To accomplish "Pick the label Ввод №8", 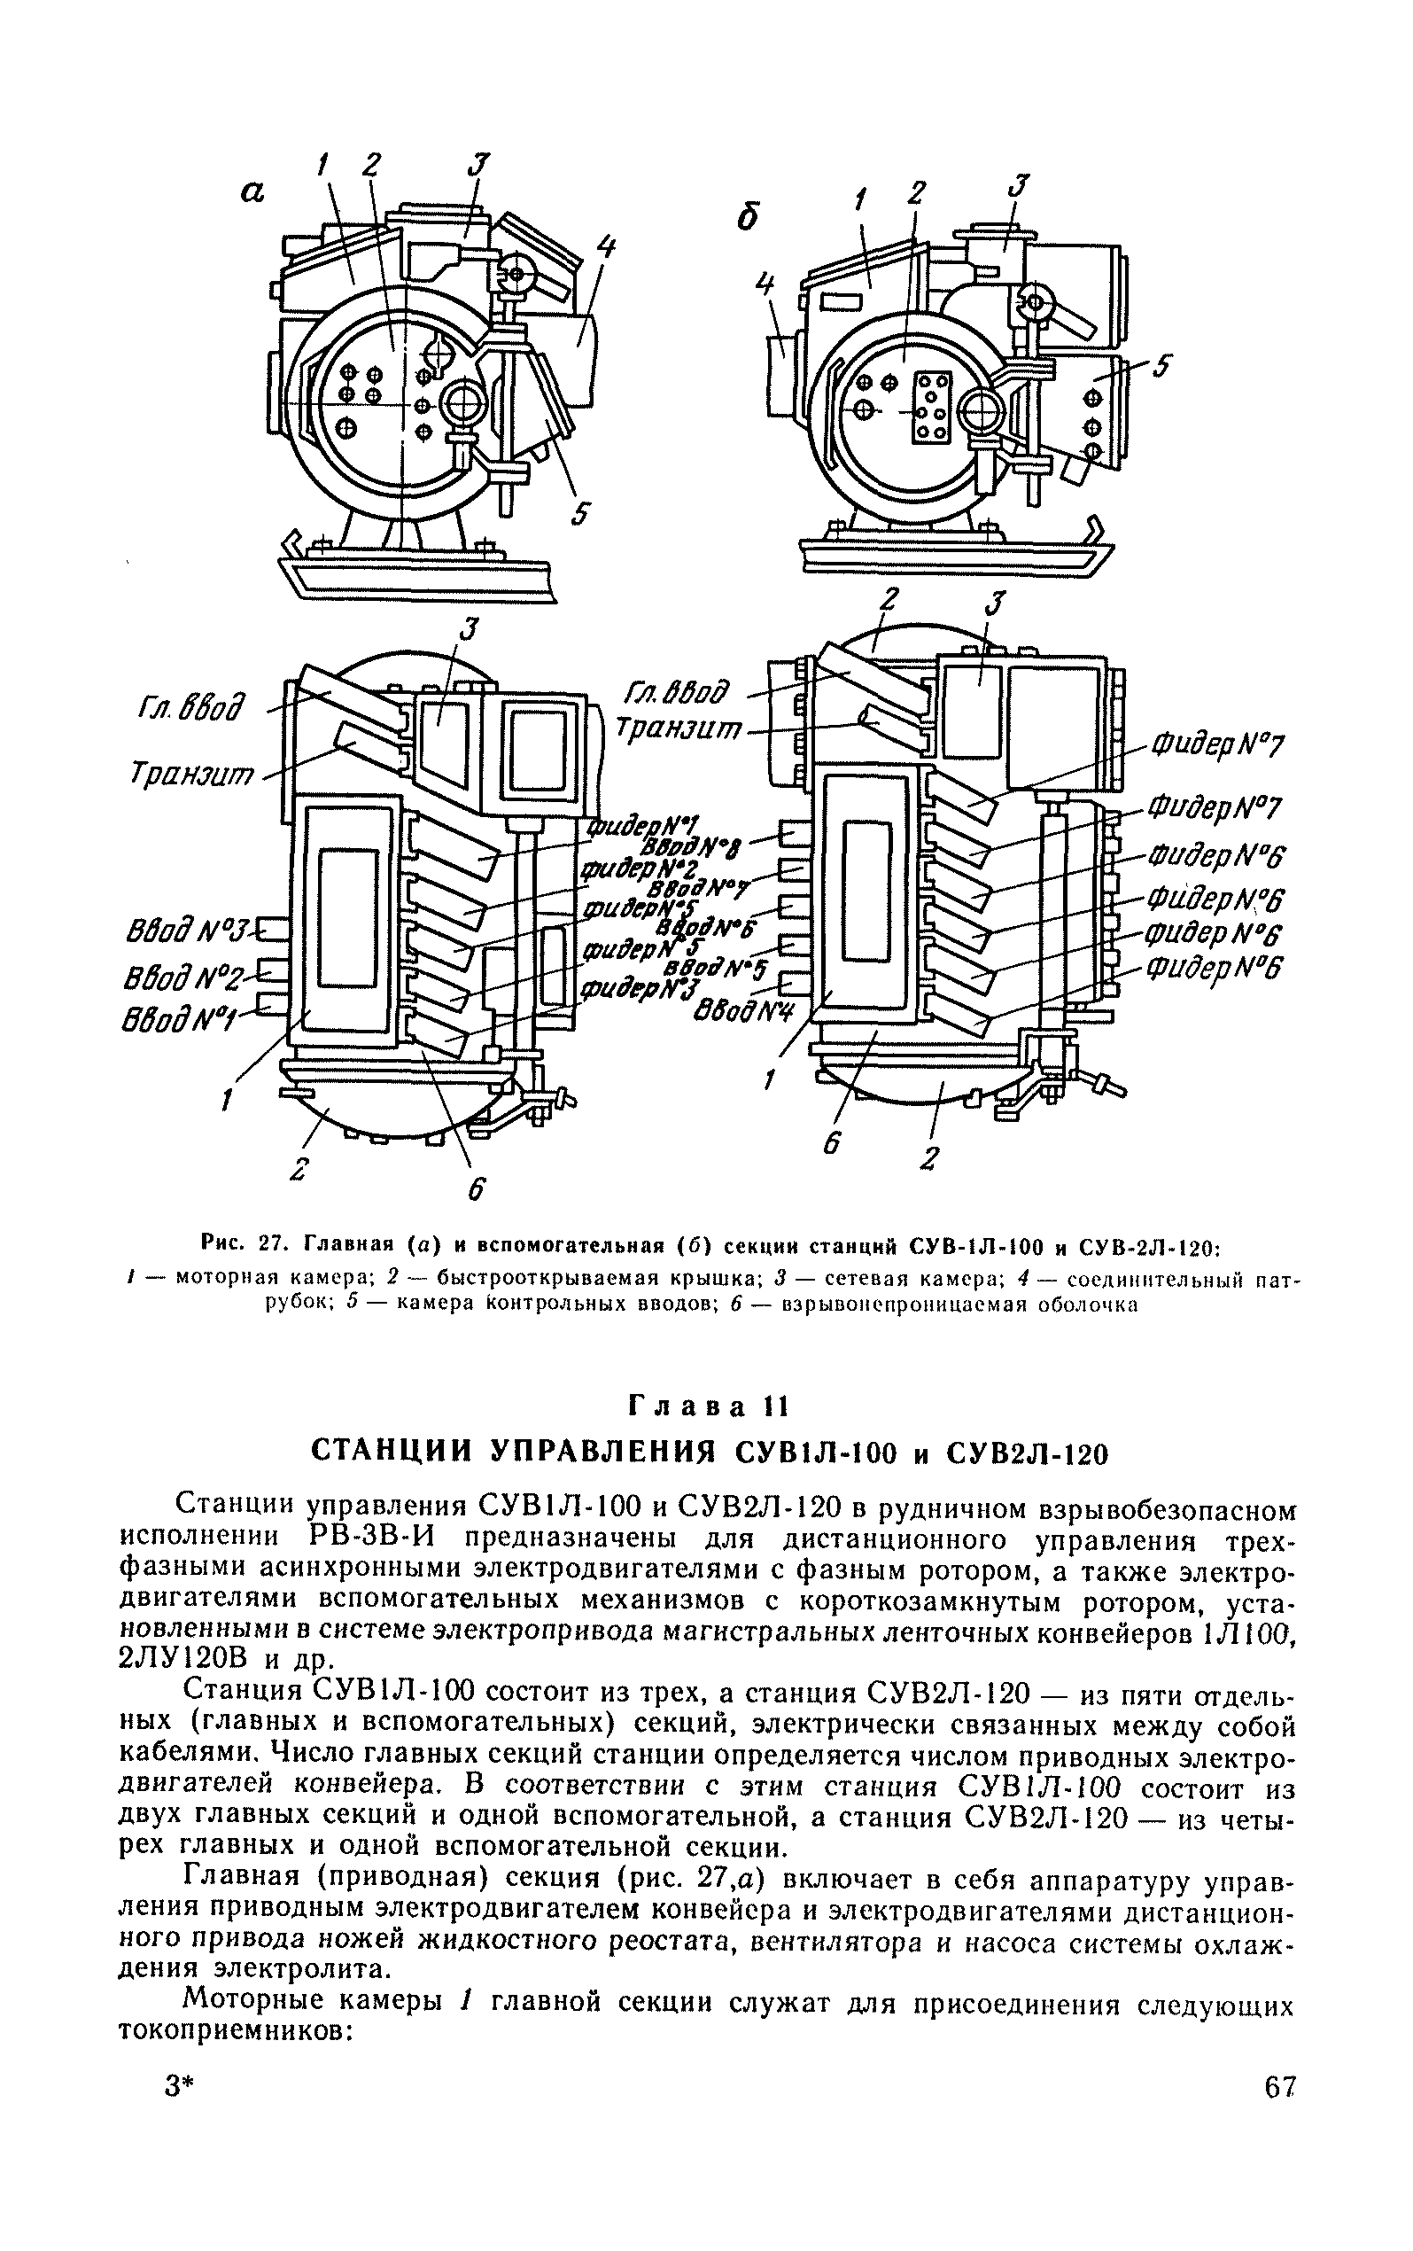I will click(x=697, y=847).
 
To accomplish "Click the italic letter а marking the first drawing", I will click(x=252, y=191).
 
